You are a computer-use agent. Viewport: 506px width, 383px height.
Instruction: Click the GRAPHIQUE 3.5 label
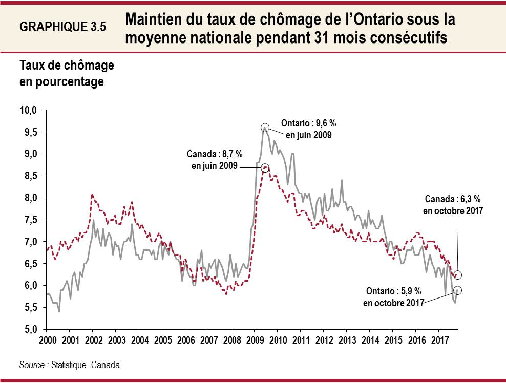point(62,27)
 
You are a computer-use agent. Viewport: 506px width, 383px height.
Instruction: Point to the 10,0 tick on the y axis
point(30,110)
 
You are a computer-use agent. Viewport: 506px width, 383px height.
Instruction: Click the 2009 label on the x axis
point(255,340)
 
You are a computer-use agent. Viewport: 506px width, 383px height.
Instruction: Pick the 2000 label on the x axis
point(47,340)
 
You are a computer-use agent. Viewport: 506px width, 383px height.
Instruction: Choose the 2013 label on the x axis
point(347,340)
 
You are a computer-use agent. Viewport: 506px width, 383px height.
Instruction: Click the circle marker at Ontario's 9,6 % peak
point(265,127)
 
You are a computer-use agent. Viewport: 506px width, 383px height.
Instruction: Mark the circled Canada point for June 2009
point(265,167)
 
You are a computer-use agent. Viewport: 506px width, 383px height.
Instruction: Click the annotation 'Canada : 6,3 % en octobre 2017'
point(453,204)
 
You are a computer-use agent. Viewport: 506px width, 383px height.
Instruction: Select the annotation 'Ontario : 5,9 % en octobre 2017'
point(394,297)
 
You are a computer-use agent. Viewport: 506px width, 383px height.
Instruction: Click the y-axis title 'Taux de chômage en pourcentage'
point(67,73)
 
